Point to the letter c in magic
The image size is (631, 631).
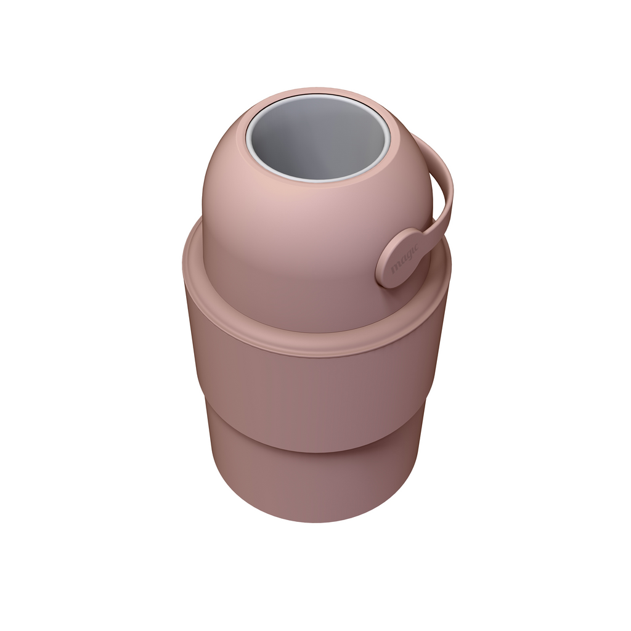point(416,243)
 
